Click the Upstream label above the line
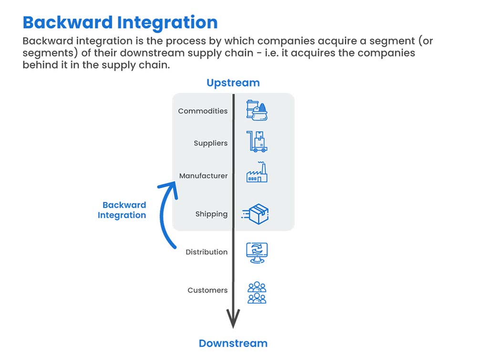233,83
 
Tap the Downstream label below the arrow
233,343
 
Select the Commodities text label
203,111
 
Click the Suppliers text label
210,143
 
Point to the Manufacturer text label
203,176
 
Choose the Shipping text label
211,214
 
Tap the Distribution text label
207,252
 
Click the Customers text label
207,290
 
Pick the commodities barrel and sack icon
257,110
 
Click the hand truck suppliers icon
257,142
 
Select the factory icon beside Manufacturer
257,173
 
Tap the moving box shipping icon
257,214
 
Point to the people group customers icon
257,292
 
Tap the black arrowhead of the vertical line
233,319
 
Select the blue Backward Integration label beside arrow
122,210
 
